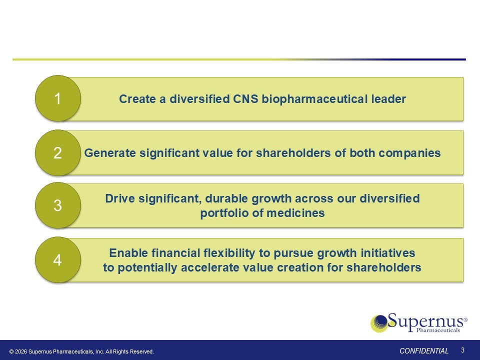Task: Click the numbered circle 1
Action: pyautogui.click(x=58, y=98)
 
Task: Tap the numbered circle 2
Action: pyautogui.click(x=58, y=152)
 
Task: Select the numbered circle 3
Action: pyautogui.click(x=58, y=205)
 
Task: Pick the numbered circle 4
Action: pyautogui.click(x=58, y=259)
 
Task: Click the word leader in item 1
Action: pyautogui.click(x=388, y=99)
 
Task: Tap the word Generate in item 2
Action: pyautogui.click(x=110, y=153)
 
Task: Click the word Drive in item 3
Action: pyautogui.click(x=120, y=198)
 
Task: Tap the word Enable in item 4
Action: pyautogui.click(x=128, y=253)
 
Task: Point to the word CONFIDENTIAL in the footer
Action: pyautogui.click(x=424, y=351)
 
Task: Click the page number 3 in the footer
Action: pyautogui.click(x=463, y=350)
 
